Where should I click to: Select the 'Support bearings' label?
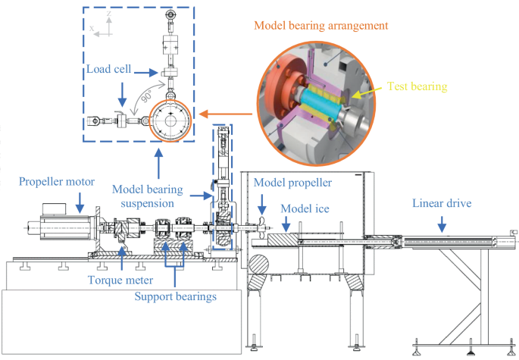pyautogui.click(x=176, y=296)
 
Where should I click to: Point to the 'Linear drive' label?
pyautogui.click(x=442, y=203)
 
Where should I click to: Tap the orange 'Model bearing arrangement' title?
pyautogui.click(x=320, y=25)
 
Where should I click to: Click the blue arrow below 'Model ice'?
pyautogui.click(x=286, y=223)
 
